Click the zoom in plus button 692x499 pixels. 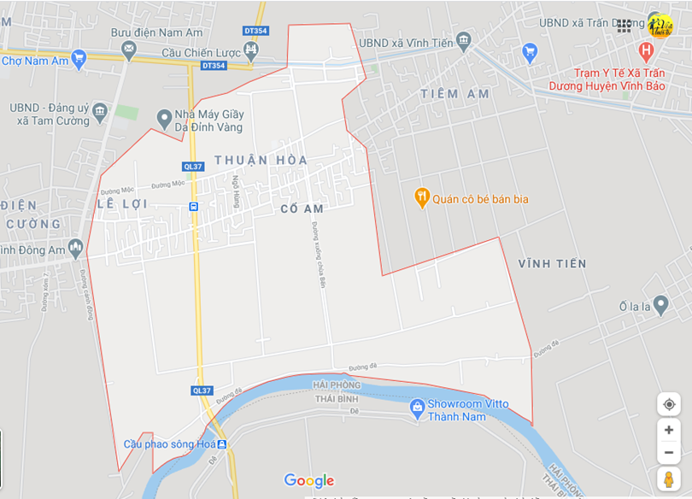[x=669, y=430]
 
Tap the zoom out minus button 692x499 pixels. [x=669, y=452]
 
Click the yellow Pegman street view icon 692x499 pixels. [x=669, y=478]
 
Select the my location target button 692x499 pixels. [x=669, y=404]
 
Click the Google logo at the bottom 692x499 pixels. [x=309, y=481]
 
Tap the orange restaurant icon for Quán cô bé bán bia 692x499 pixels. [x=421, y=198]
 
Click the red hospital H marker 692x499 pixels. [x=645, y=50]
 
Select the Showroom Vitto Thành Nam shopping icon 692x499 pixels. [x=418, y=409]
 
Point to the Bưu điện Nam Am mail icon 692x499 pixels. [x=129, y=50]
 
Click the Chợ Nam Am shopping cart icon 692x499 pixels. [x=79, y=59]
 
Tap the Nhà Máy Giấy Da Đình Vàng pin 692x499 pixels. [x=165, y=118]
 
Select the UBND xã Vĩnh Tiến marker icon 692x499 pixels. [x=464, y=40]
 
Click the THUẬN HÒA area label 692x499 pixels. [x=261, y=161]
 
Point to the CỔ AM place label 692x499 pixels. [x=302, y=209]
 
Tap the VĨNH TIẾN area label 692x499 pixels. [x=552, y=264]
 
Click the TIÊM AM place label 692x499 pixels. [x=455, y=94]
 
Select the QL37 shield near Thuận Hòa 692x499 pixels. [x=192, y=167]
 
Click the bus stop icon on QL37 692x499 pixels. [x=194, y=207]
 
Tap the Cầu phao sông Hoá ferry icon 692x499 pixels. [x=221, y=444]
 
